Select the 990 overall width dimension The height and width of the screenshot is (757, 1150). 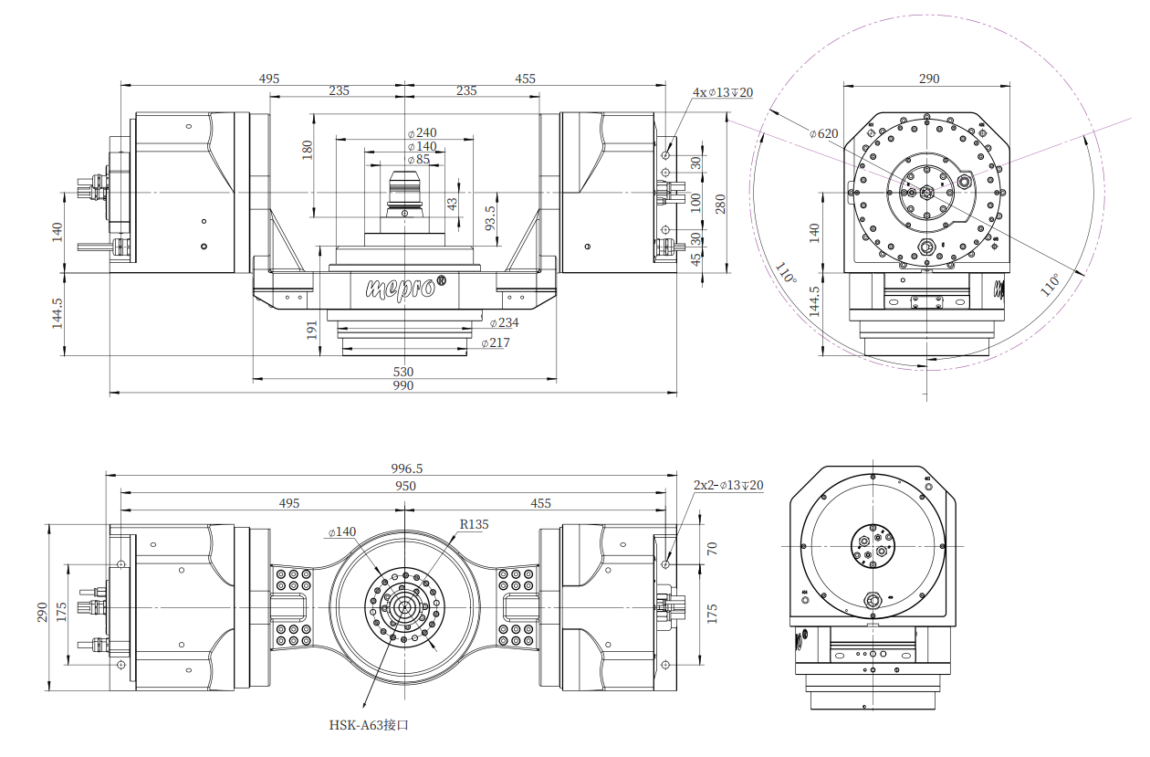pyautogui.click(x=402, y=386)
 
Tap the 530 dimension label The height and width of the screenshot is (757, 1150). pyautogui.click(x=402, y=372)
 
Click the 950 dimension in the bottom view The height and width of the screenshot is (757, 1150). pyautogui.click(x=404, y=486)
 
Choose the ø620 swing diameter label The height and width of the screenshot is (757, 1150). pyautogui.click(x=823, y=133)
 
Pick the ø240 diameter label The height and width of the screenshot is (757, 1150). pyautogui.click(x=422, y=132)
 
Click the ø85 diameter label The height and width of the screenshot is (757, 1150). pyautogui.click(x=418, y=160)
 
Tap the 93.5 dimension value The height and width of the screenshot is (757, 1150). pyautogui.click(x=490, y=218)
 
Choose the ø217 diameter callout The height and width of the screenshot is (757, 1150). pyautogui.click(x=496, y=342)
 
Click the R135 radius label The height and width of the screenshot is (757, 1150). pyautogui.click(x=474, y=524)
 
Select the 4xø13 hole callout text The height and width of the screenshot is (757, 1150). pyautogui.click(x=722, y=92)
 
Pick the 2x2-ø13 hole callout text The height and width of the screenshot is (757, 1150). pyautogui.click(x=727, y=486)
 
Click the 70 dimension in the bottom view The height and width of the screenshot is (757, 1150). pyautogui.click(x=712, y=548)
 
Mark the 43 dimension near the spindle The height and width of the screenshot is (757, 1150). pyautogui.click(x=452, y=204)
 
